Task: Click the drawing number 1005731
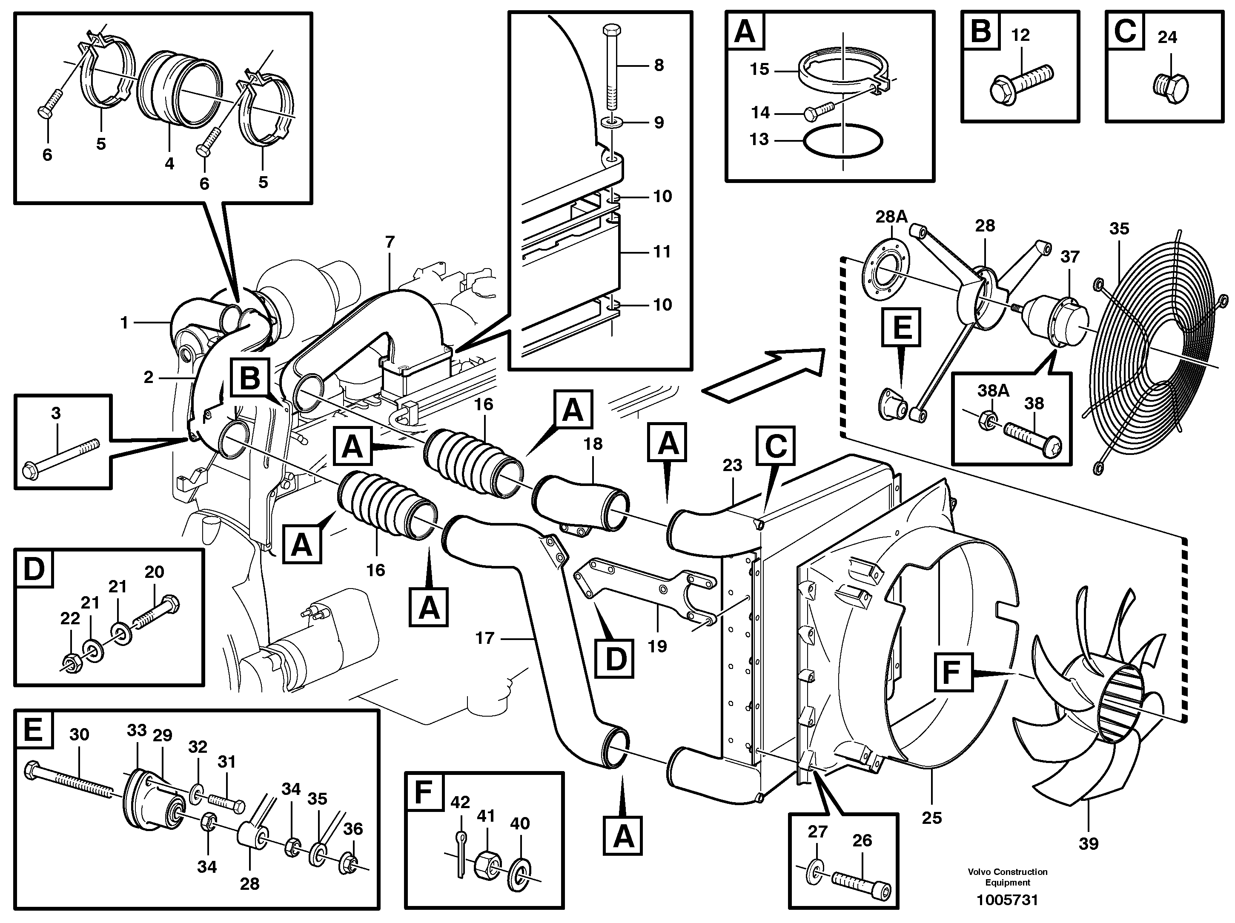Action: (1007, 900)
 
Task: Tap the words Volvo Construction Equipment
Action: (1007, 877)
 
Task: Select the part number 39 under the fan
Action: (1088, 843)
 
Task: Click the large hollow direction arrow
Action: (764, 376)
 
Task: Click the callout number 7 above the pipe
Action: (390, 242)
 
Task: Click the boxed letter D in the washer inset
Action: (34, 569)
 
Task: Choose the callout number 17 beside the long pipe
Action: (484, 637)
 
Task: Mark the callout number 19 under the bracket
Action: (657, 646)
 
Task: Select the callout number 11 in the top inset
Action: (662, 251)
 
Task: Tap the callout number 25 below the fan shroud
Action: (931, 818)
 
